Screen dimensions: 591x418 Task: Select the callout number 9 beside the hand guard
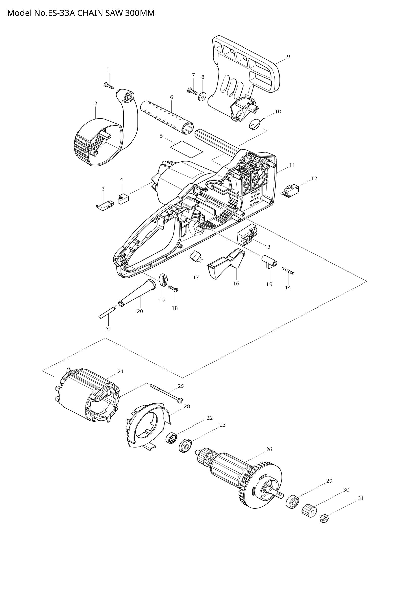(x=288, y=56)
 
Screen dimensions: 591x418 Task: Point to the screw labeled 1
(x=109, y=85)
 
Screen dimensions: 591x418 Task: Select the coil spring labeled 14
(x=288, y=271)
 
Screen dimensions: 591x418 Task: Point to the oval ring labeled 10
(x=255, y=125)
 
